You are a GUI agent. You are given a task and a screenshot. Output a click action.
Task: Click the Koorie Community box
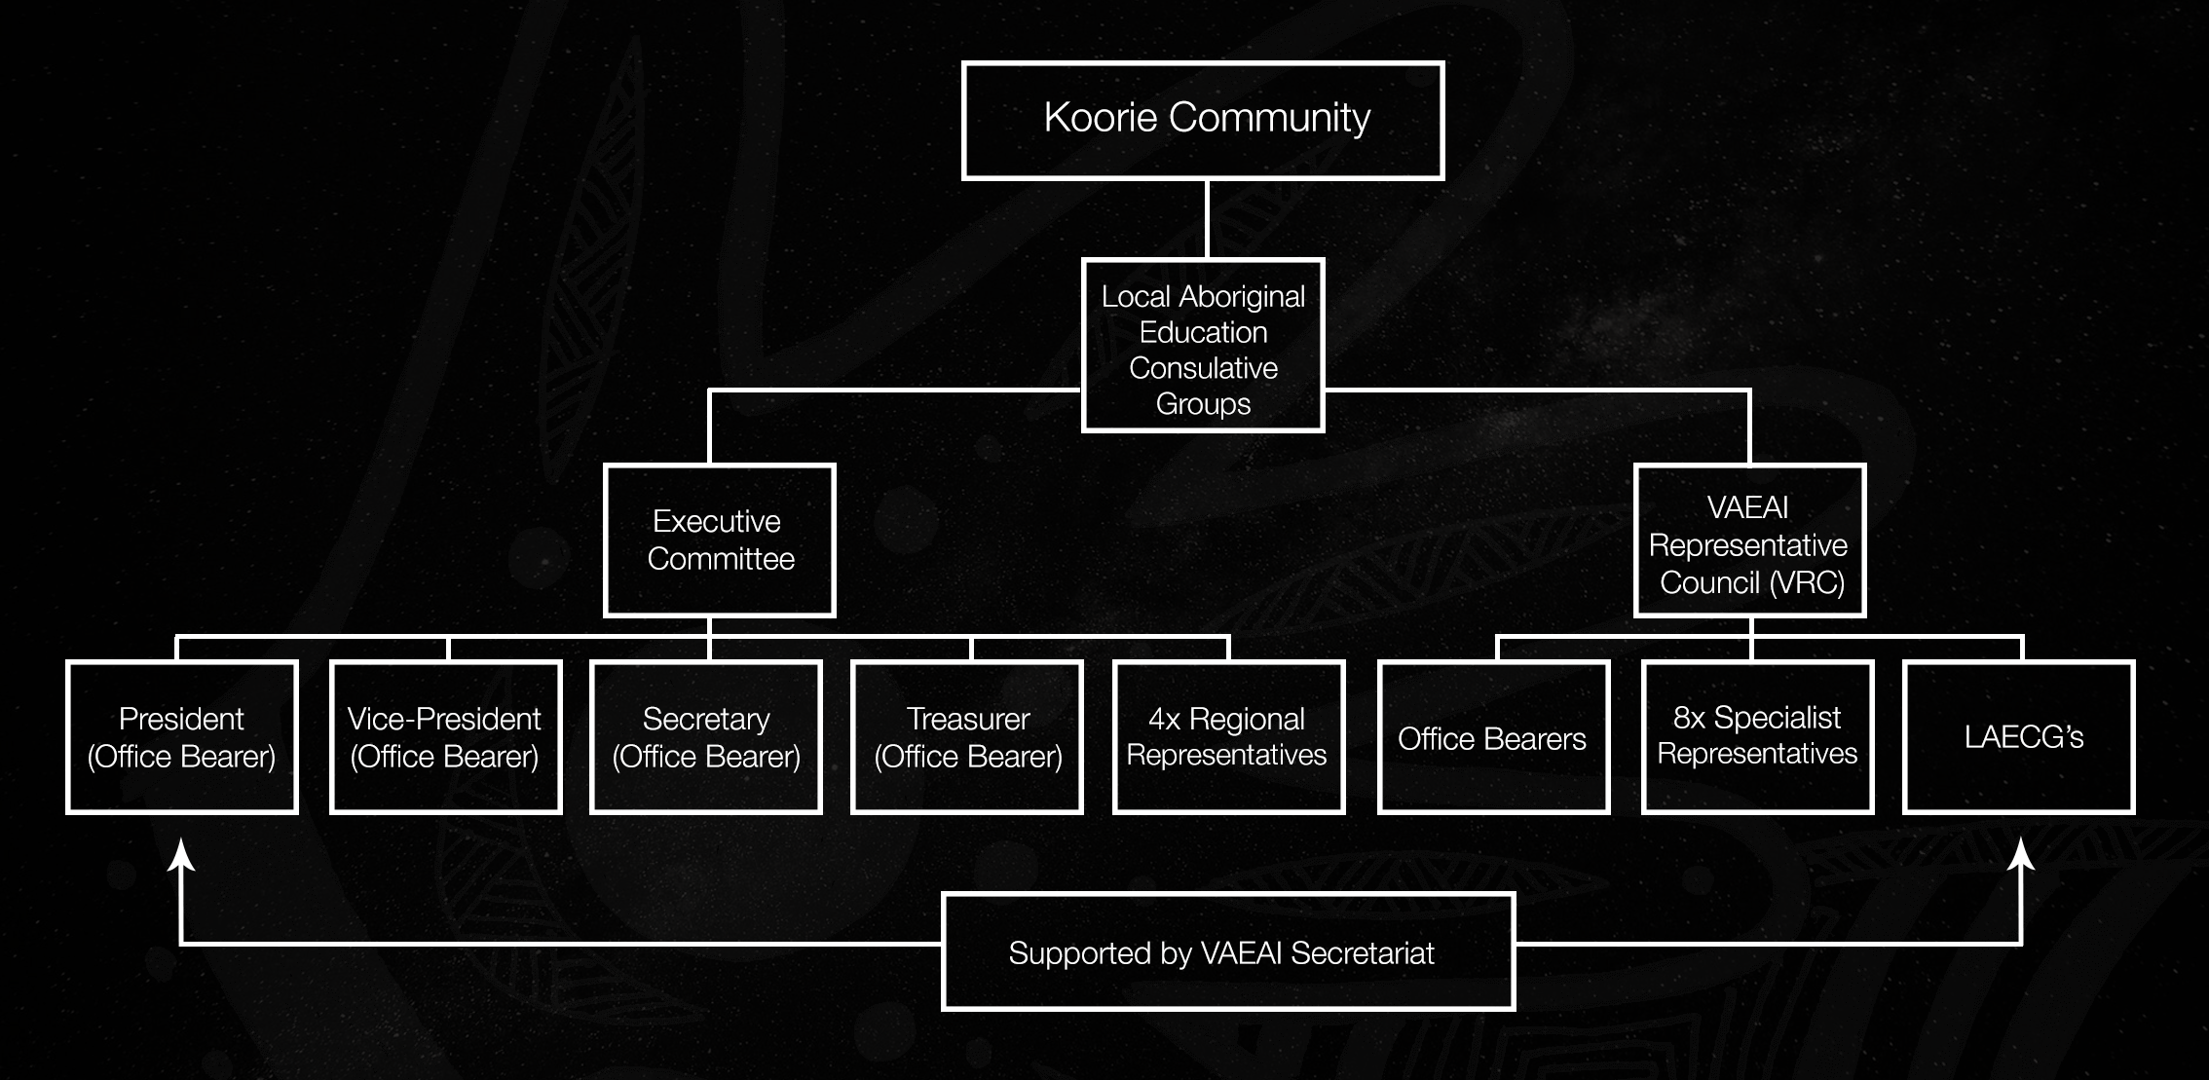coord(1203,121)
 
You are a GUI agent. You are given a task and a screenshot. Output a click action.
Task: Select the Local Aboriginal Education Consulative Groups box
coord(1203,346)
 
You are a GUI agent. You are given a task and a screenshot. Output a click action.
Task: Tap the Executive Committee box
coord(720,540)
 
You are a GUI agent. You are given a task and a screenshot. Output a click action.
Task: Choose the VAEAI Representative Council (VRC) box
coord(1750,540)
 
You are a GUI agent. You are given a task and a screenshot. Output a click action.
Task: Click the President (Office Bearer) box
coord(182,737)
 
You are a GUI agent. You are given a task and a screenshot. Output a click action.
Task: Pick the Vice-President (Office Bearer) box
coord(446,737)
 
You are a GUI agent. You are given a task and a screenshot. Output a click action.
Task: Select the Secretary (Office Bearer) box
coord(706,737)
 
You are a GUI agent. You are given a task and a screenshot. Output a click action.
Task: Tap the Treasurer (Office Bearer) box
coord(967,737)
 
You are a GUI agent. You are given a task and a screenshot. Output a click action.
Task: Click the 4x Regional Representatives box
coord(1229,737)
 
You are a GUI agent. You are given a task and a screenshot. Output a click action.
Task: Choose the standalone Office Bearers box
coord(1494,737)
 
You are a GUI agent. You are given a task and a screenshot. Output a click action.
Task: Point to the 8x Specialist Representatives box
coord(1758,737)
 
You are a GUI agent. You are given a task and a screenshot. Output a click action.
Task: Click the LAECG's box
coord(2019,737)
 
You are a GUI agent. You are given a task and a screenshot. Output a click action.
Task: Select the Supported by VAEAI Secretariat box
coord(1228,951)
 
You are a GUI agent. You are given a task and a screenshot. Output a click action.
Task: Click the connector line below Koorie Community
coord(1207,219)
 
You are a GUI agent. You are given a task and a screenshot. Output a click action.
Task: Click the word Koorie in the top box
coord(1102,118)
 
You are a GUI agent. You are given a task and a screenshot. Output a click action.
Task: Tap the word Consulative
coord(1204,368)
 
